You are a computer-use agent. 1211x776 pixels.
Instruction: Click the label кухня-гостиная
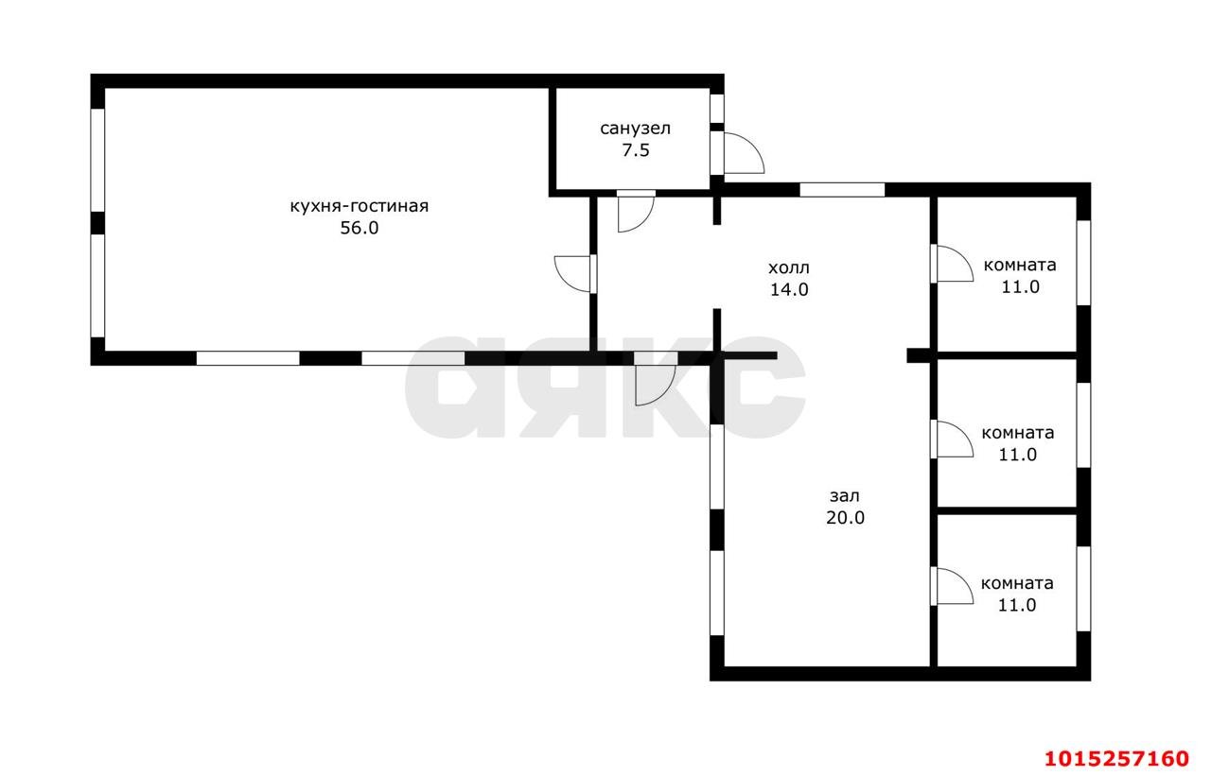coord(359,206)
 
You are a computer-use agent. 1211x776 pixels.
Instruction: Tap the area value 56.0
coord(359,228)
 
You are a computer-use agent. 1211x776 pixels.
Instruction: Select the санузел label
coord(635,129)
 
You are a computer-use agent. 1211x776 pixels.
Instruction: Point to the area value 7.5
coord(635,150)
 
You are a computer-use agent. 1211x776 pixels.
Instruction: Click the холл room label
coord(789,267)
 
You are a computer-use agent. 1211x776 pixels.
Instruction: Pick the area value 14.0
coord(789,289)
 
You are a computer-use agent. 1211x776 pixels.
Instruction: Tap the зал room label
coord(845,495)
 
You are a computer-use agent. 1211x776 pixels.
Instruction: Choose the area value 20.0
coord(845,518)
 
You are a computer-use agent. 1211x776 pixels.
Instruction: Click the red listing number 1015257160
coord(1116,758)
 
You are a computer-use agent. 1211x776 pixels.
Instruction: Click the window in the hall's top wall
coord(842,190)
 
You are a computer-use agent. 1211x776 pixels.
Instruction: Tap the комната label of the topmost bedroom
coord(1020,266)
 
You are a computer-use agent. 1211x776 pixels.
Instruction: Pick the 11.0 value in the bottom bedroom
coord(1017,605)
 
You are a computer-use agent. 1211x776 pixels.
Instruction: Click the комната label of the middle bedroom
coord(1017,433)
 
